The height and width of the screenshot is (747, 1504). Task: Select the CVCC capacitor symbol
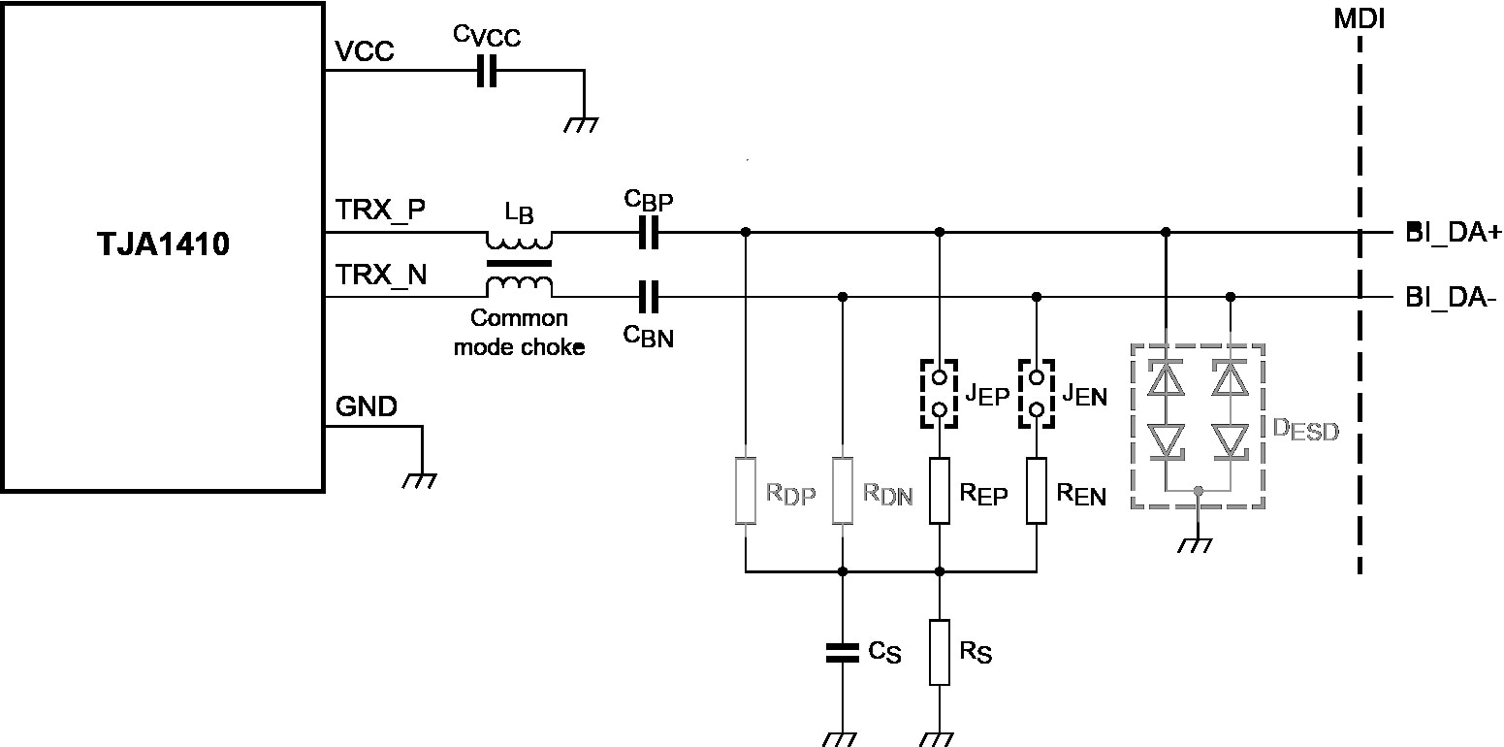coord(487,71)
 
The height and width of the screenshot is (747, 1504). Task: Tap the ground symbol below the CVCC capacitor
coord(583,123)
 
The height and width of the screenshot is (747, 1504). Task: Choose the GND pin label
coord(367,407)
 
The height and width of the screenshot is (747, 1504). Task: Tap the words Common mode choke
coord(520,332)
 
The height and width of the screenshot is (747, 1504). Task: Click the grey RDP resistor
coord(745,490)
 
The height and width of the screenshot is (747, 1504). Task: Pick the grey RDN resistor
coord(842,490)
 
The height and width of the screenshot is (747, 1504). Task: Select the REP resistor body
coord(939,490)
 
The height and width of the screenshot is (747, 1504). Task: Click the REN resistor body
coord(1037,490)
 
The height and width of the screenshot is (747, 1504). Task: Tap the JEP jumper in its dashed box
coord(939,393)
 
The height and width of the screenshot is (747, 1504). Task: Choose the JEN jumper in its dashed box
coord(1037,393)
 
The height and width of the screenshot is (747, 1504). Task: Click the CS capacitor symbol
coord(842,651)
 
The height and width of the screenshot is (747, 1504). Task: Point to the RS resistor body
coord(939,651)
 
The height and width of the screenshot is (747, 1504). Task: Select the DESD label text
coord(1304,430)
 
